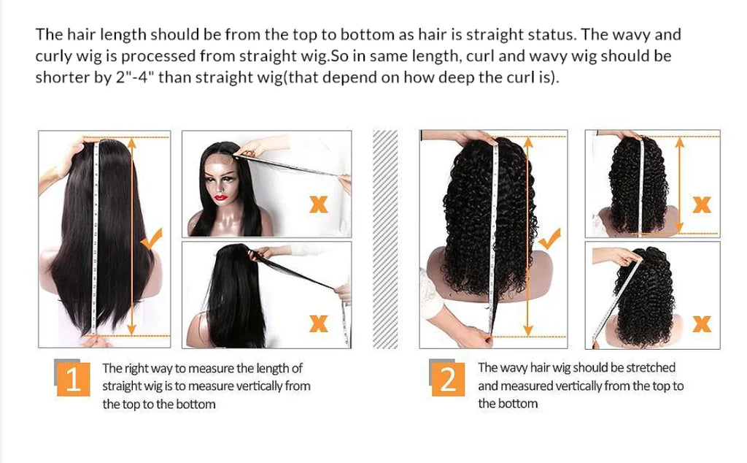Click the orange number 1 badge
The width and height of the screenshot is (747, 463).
pyautogui.click(x=73, y=380)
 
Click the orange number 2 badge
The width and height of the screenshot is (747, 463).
pyautogui.click(x=448, y=379)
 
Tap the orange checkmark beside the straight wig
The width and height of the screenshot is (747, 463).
pyautogui.click(x=152, y=239)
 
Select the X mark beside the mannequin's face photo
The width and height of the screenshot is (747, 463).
pyautogui.click(x=318, y=204)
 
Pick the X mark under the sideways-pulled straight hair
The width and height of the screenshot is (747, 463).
pyautogui.click(x=318, y=321)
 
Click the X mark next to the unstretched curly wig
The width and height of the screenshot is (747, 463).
pyautogui.click(x=701, y=204)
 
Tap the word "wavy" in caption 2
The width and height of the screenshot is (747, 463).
pyautogui.click(x=514, y=367)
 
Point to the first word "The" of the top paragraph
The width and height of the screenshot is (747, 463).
pyautogui.click(x=49, y=34)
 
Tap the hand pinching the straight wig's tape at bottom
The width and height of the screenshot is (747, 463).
pyautogui.click(x=96, y=340)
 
